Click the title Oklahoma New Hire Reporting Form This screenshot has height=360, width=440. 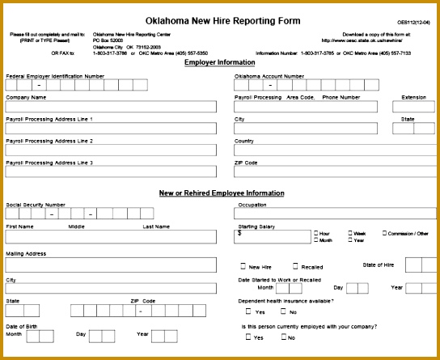[222, 20]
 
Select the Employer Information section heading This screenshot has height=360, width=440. [220, 62]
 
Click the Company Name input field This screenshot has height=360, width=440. [111, 107]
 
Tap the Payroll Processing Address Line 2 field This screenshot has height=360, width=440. [111, 150]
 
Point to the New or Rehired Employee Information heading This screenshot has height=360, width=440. [220, 193]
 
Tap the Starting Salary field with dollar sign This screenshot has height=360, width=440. [273, 236]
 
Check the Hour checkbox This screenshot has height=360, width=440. [316, 233]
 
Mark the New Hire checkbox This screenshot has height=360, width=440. [243, 266]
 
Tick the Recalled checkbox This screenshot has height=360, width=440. [296, 266]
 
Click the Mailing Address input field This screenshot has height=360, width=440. [111, 265]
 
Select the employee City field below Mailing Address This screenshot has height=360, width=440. [111, 288]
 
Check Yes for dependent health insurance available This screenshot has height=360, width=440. [249, 312]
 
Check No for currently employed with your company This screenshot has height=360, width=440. [284, 337]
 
